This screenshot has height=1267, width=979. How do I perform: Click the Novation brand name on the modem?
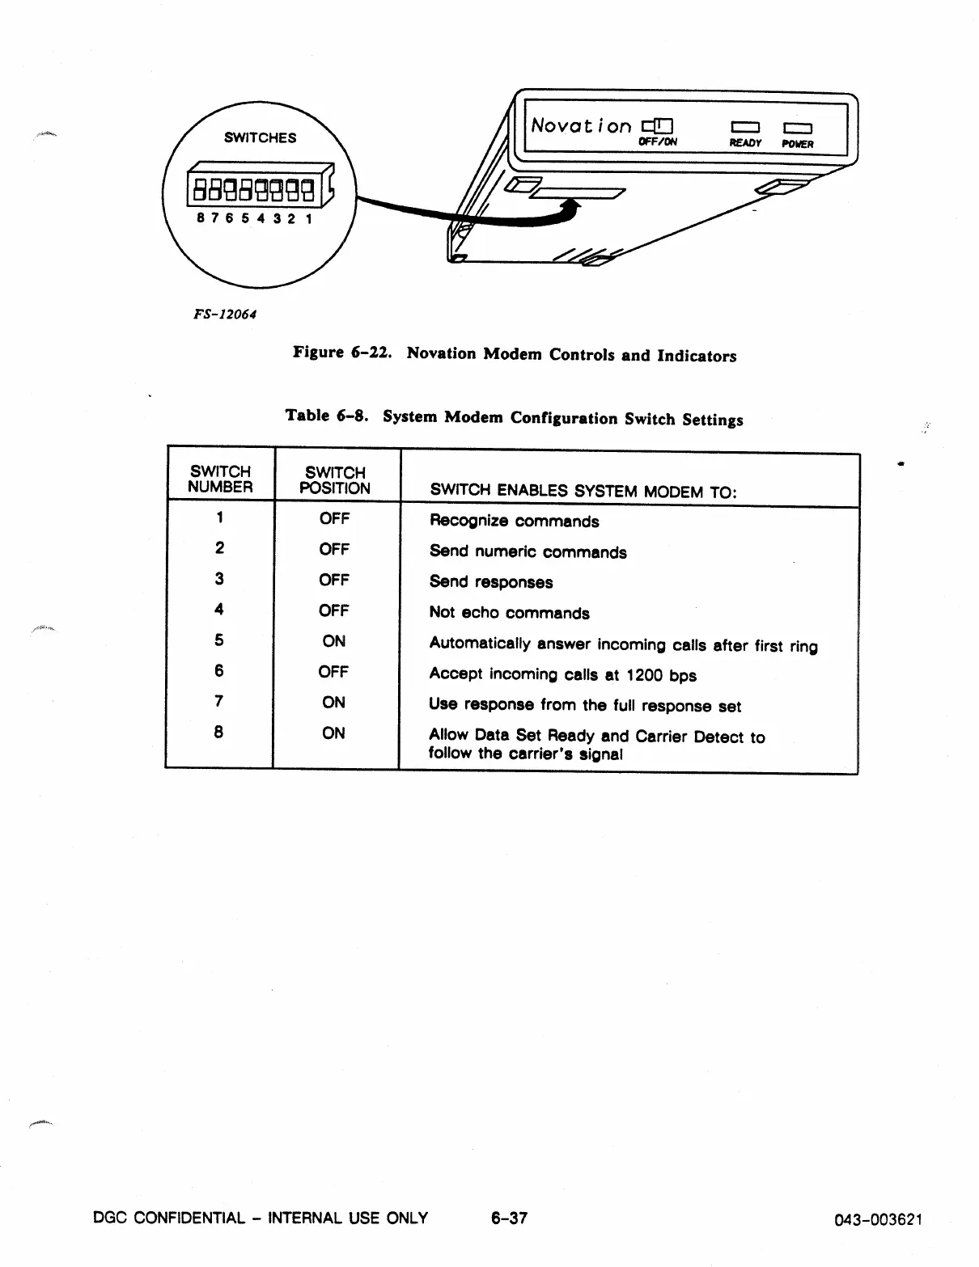pos(581,126)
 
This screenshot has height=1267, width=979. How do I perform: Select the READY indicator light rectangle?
pos(744,127)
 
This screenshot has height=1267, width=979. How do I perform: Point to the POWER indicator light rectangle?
pos(797,128)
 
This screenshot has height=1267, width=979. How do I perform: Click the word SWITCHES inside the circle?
pos(260,137)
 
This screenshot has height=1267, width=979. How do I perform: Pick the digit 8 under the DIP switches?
pos(201,218)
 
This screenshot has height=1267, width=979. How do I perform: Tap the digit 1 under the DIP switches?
pos(308,218)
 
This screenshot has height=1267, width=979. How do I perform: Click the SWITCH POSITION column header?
pos(335,480)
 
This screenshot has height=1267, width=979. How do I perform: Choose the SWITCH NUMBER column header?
pos(220,479)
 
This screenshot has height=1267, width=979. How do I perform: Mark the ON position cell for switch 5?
pos(334,641)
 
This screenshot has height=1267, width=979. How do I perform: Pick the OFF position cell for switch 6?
pos(333,672)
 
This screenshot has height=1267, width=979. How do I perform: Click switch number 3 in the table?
pos(219,579)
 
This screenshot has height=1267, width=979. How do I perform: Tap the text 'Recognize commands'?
pos(515,522)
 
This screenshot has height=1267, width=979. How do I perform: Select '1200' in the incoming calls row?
pos(644,675)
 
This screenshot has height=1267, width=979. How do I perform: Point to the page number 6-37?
pos(509,1218)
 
